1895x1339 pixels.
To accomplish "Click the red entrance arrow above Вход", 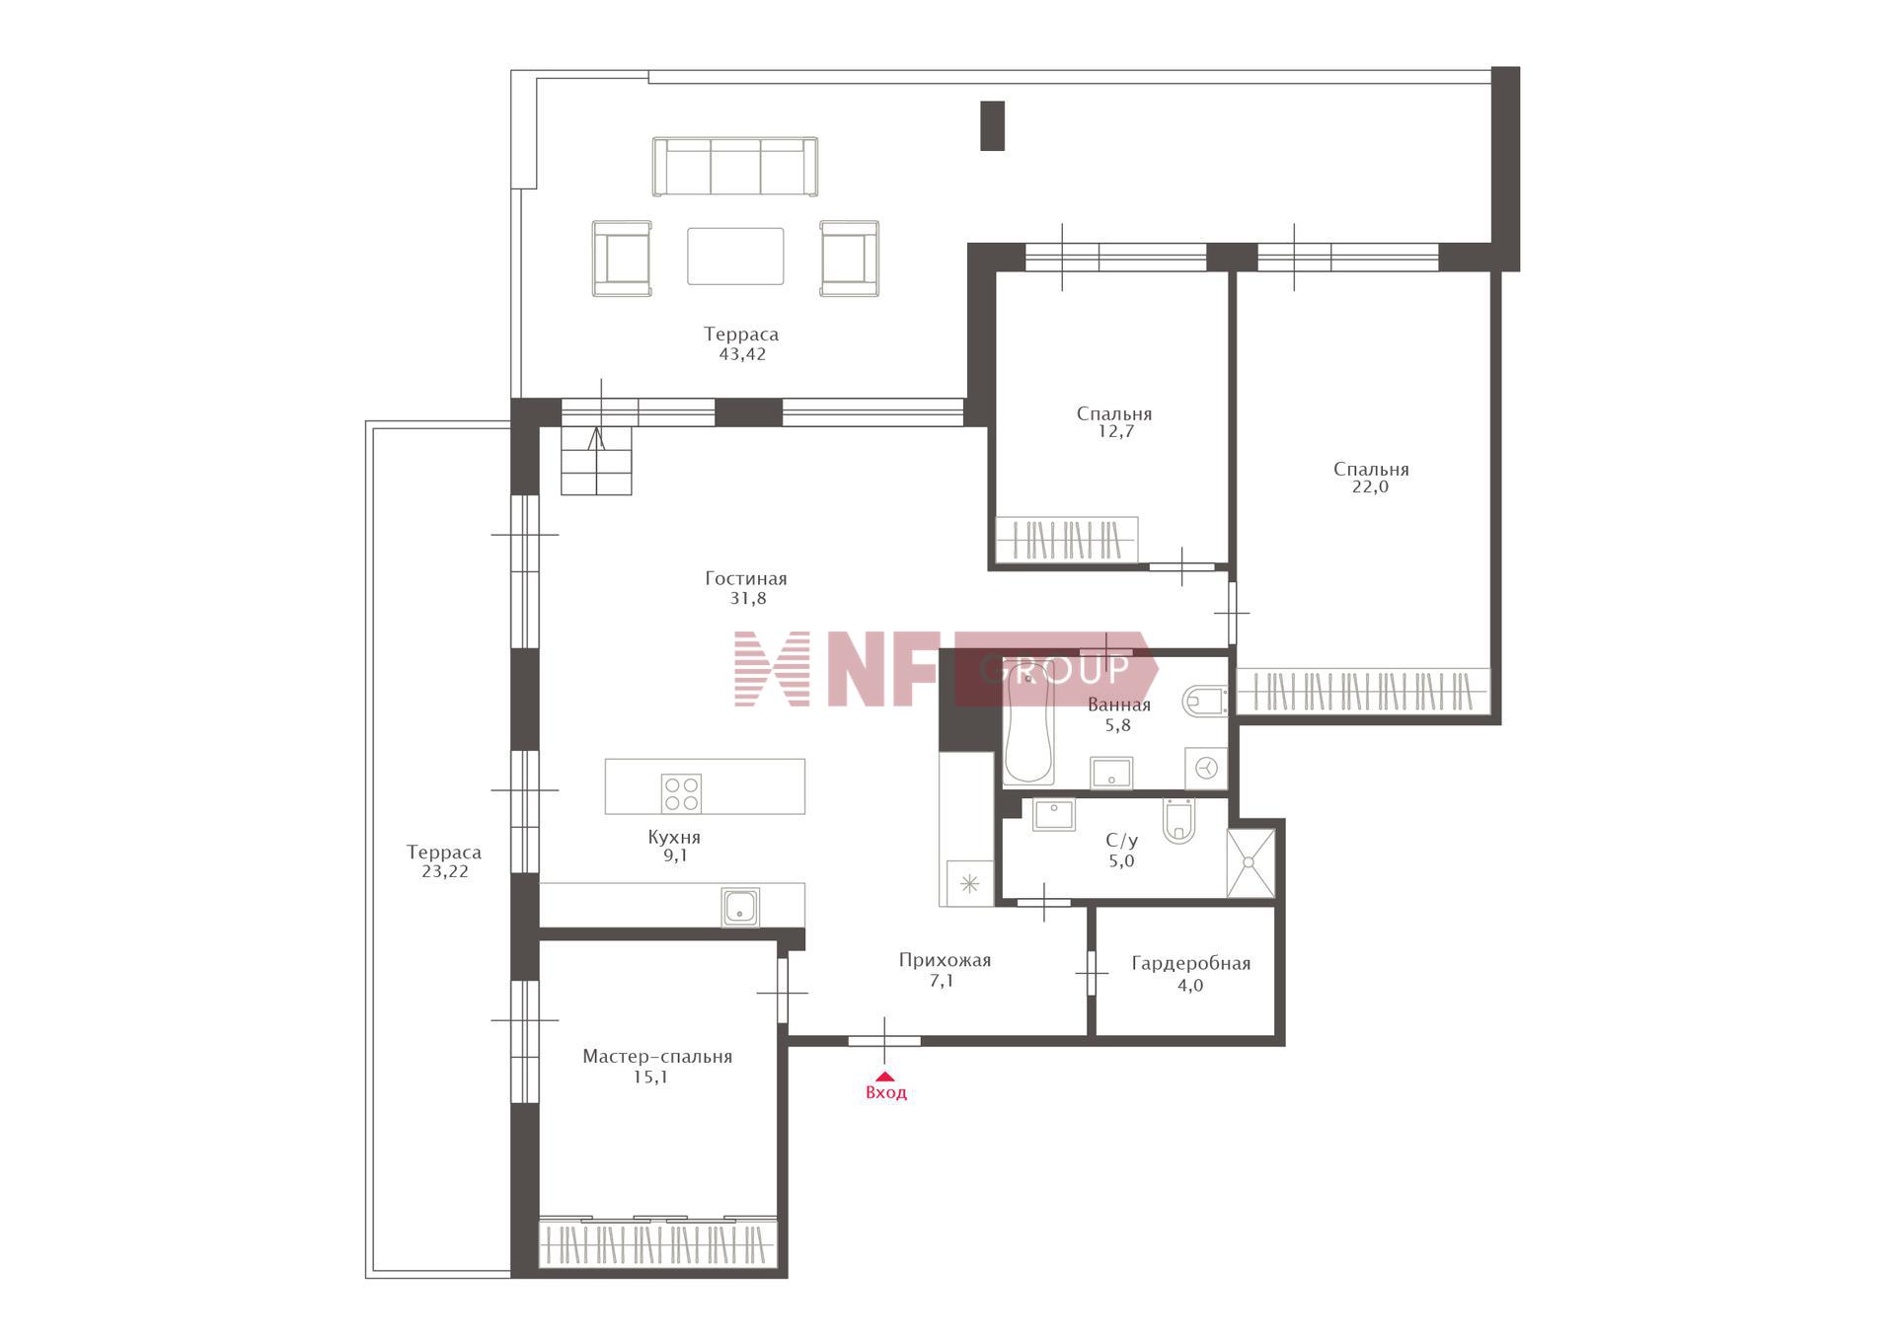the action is (x=885, y=1077).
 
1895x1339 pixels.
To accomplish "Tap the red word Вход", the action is (x=885, y=1093).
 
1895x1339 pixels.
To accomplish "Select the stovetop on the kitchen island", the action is (x=681, y=793).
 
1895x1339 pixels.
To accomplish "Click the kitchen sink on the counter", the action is (x=740, y=907).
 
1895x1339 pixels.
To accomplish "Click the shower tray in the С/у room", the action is (x=1250, y=862).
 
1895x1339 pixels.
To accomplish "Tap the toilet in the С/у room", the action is (x=1178, y=821).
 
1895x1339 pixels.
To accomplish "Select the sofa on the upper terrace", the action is (x=735, y=166).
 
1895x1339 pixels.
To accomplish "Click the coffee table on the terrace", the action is (x=735, y=256).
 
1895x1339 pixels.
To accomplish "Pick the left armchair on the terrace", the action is (x=622, y=259).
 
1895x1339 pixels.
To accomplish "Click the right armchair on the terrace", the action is (x=850, y=259).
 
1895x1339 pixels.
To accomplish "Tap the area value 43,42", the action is (x=742, y=354).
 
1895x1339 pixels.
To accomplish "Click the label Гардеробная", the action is (x=1190, y=964).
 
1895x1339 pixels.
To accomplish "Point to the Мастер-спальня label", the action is (x=657, y=1057).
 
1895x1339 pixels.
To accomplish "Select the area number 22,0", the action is (x=1370, y=486).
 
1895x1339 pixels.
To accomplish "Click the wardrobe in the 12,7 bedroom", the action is (x=1067, y=540).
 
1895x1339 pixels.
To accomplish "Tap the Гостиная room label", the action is (x=746, y=579).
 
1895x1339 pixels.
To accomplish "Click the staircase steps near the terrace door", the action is (x=596, y=461).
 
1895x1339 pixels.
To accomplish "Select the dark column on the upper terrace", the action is (x=992, y=125).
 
